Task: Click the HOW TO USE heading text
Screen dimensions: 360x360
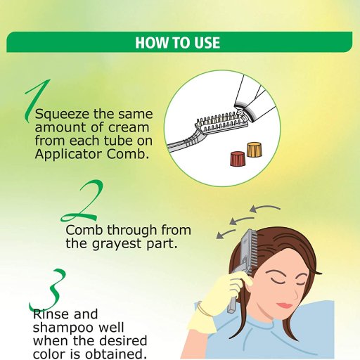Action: click(x=178, y=42)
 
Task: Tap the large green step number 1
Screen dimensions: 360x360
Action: click(x=37, y=101)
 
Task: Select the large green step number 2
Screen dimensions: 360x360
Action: click(x=82, y=200)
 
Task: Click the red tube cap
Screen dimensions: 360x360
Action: click(x=238, y=159)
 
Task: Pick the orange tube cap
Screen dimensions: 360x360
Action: click(x=255, y=149)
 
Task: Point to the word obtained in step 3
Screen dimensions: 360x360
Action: click(x=115, y=354)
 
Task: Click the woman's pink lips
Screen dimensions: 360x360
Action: click(x=285, y=305)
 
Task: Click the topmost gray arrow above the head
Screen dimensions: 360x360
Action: click(x=265, y=208)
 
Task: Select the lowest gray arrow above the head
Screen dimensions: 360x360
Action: click(x=226, y=234)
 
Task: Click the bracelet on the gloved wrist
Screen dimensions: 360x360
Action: click(x=204, y=309)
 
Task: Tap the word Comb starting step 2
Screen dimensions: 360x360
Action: click(x=84, y=230)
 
